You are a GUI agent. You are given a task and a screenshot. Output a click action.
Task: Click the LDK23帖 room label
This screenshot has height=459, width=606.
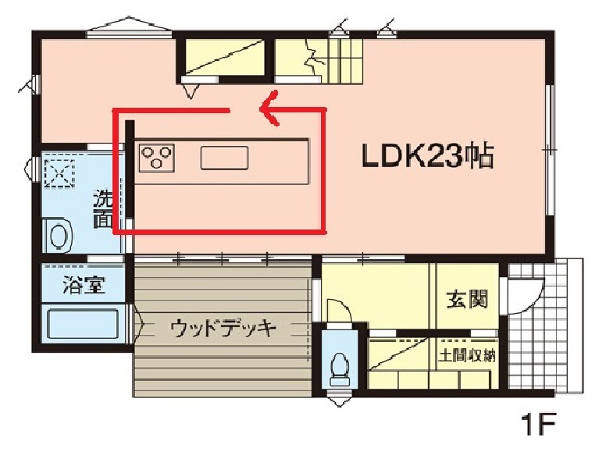click(427, 156)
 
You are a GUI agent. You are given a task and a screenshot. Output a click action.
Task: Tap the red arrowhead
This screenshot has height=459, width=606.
click(269, 109)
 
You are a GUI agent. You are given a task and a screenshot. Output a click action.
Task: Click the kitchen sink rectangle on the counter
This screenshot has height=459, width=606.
click(224, 158)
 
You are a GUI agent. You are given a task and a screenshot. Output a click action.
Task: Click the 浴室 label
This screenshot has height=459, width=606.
click(84, 285)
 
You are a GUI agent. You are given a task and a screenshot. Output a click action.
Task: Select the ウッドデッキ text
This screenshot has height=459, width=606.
click(223, 329)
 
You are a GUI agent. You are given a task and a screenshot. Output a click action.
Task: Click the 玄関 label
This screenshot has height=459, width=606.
click(467, 299)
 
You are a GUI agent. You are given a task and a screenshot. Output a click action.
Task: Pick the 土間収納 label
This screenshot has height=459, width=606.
click(467, 355)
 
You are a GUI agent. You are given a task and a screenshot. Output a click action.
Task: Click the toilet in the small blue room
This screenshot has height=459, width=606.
click(340, 370)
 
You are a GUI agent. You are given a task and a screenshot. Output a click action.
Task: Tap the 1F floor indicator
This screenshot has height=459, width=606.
click(538, 424)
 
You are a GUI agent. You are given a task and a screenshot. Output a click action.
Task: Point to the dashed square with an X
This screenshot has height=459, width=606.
click(59, 173)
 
